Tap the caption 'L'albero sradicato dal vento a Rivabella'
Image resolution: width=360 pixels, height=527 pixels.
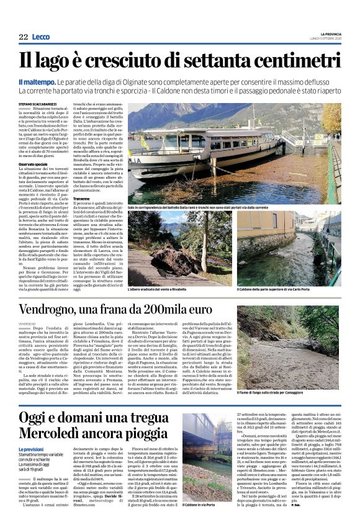tap(159, 289)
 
